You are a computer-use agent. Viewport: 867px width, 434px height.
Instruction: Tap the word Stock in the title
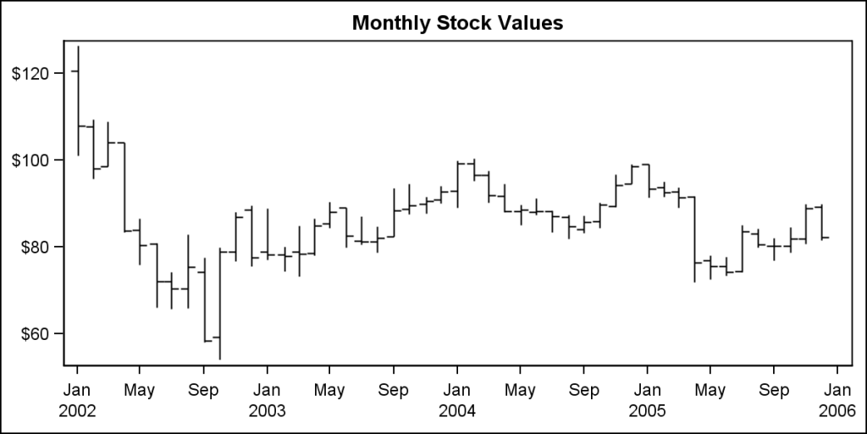pyautogui.click(x=463, y=23)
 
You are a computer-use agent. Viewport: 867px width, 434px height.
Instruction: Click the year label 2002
pyautogui.click(x=77, y=411)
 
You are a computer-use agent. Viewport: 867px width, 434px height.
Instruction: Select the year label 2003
pyautogui.click(x=267, y=411)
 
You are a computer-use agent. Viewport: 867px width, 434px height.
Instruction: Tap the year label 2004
pyautogui.click(x=457, y=411)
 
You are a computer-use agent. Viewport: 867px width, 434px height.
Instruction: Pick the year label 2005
pyautogui.click(x=647, y=411)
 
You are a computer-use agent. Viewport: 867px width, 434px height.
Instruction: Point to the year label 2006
pyautogui.click(x=837, y=411)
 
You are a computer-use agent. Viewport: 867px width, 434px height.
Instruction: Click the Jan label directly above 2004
pyautogui.click(x=457, y=391)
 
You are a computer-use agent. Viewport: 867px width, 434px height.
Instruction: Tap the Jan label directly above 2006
pyautogui.click(x=837, y=391)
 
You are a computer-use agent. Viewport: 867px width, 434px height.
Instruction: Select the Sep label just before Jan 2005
pyautogui.click(x=583, y=391)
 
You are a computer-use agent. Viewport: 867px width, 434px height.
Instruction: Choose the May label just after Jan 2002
pyautogui.click(x=140, y=391)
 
